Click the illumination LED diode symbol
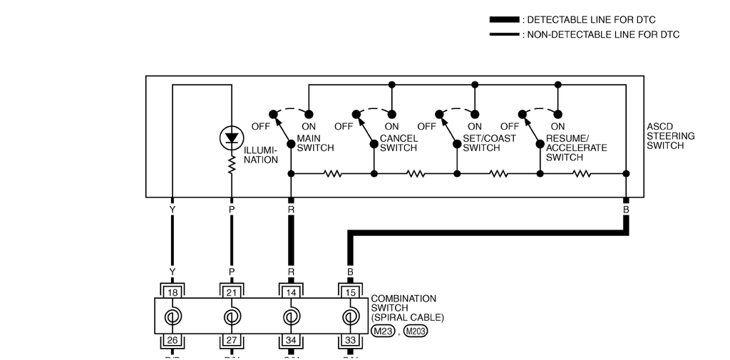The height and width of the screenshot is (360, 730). coord(231,138)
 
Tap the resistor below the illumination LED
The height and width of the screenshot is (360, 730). coord(231,166)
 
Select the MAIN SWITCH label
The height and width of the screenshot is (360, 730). coord(314,143)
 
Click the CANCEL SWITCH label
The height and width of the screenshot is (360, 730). coord(399,143)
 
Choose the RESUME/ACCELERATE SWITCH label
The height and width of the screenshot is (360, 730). coord(576,148)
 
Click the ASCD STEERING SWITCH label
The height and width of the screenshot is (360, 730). coord(670,136)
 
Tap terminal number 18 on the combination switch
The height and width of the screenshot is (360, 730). coord(172,292)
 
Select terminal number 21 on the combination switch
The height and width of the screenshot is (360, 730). coord(231,292)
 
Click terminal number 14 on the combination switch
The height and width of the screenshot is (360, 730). coord(290,292)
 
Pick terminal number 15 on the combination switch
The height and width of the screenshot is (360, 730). coord(349,292)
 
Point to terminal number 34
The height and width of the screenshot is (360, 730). coord(290,341)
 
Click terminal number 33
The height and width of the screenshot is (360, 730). coord(349,341)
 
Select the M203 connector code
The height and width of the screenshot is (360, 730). coord(416,331)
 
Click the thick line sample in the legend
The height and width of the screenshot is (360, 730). coord(504,20)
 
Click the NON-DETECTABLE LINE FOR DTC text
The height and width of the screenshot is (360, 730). coord(603,34)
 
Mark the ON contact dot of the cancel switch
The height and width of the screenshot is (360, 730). coord(391,114)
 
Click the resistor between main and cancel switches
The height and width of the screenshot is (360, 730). coord(332,173)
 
